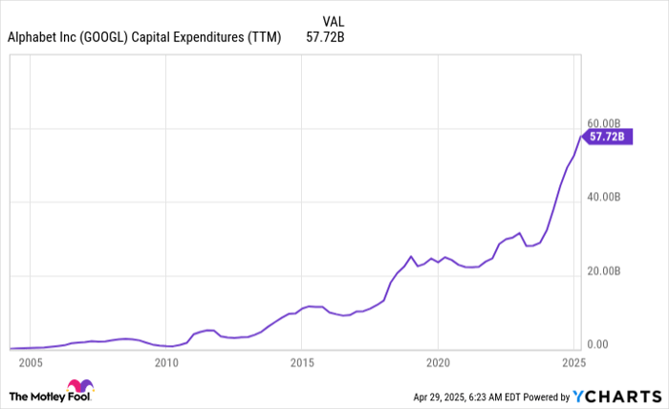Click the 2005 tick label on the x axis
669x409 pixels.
point(31,363)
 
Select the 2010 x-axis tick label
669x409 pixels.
point(166,363)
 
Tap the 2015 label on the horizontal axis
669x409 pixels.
point(302,363)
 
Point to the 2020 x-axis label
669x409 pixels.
point(438,363)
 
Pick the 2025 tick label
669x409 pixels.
point(573,363)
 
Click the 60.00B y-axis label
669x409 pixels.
point(604,124)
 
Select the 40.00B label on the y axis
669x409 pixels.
point(604,197)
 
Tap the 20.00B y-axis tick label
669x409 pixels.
point(604,271)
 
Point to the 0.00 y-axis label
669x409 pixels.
point(599,345)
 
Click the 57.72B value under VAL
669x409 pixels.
point(325,38)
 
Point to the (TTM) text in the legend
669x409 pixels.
point(264,38)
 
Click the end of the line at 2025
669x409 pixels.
point(580,137)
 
